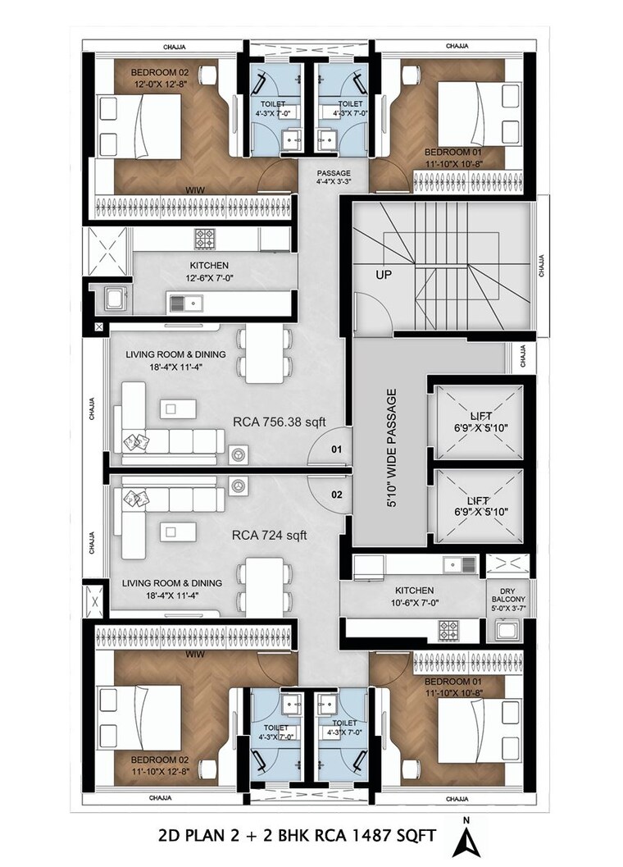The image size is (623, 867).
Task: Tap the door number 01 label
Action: (x=336, y=450)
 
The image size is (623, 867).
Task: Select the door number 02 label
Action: (x=336, y=495)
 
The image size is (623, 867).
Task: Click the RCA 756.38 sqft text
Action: (x=279, y=422)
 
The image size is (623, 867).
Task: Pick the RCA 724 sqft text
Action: (x=270, y=536)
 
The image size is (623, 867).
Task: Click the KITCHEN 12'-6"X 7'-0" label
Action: (x=209, y=272)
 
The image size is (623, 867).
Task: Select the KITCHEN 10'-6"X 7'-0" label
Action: (x=415, y=596)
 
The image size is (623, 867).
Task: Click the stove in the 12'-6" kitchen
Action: (x=204, y=239)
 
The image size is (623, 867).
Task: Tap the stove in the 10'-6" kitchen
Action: (x=449, y=630)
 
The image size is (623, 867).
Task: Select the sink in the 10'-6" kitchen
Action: (x=454, y=564)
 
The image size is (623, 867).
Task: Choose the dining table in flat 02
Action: (x=264, y=584)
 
